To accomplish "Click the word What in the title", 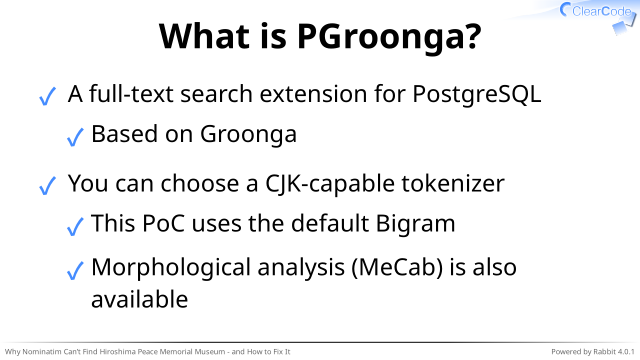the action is click(204, 36).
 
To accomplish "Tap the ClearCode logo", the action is click(597, 16).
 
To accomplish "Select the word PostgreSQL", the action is click(477, 95).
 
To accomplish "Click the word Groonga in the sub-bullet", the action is click(248, 135).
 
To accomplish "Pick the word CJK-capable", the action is click(330, 184).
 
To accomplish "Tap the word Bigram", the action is click(415, 224).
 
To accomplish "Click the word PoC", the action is click(163, 223).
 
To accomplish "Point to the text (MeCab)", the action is click(397, 268).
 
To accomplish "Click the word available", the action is click(140, 299).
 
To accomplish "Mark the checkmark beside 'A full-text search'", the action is click(47, 96).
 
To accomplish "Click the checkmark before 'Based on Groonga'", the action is click(75, 136).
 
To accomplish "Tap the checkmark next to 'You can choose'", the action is click(47, 185).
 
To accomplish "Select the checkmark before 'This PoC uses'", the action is click(75, 226).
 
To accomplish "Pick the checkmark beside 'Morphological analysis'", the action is click(75, 270).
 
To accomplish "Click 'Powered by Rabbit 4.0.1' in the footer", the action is click(593, 351).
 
